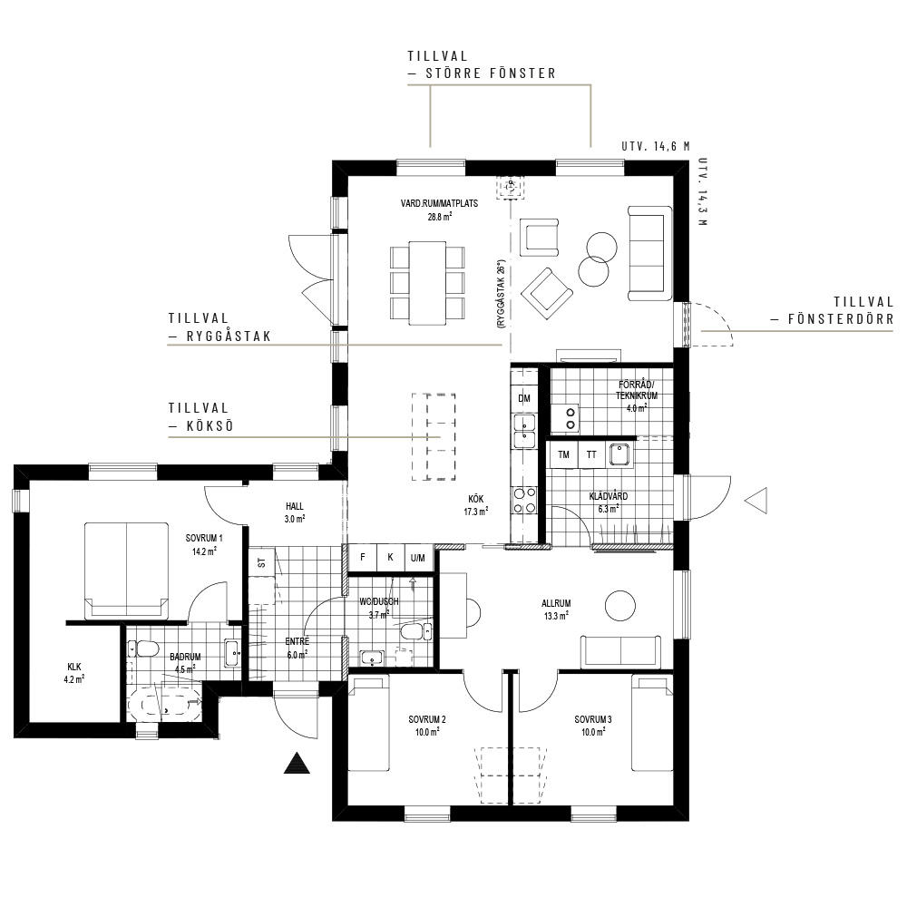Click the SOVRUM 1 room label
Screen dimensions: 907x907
point(204,538)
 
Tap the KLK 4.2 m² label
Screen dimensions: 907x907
point(74,673)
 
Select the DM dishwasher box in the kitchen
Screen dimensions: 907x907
point(524,398)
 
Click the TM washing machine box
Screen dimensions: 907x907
point(563,454)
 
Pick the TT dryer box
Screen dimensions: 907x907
point(591,454)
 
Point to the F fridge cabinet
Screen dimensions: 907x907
point(363,558)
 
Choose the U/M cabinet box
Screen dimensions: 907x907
point(417,558)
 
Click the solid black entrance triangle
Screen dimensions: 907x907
point(297,764)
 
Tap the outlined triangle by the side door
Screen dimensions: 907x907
point(756,501)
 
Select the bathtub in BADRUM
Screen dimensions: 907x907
point(163,702)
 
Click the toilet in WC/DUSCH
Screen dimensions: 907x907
point(416,631)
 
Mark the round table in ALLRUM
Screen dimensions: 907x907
point(620,606)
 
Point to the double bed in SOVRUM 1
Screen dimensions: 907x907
point(127,570)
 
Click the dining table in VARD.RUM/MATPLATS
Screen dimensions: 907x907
point(427,283)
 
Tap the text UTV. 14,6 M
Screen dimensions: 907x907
point(656,146)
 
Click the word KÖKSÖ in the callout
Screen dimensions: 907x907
point(210,426)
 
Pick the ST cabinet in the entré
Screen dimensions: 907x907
point(262,561)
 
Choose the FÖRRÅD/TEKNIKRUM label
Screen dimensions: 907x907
point(636,390)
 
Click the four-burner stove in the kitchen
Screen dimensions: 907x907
point(524,501)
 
